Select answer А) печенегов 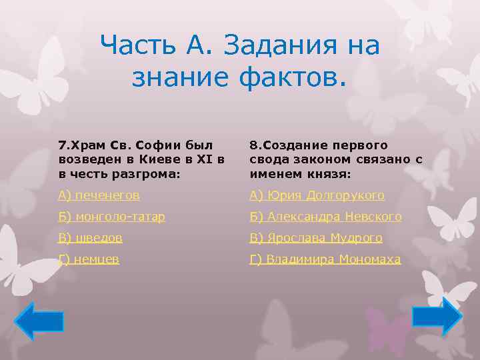(x=99, y=195)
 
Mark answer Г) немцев (x=89, y=259)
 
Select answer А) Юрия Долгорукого (x=317, y=195)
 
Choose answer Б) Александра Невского (x=325, y=217)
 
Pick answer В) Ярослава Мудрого (x=315, y=238)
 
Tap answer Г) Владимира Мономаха (x=325, y=259)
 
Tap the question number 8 (x=253, y=145)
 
